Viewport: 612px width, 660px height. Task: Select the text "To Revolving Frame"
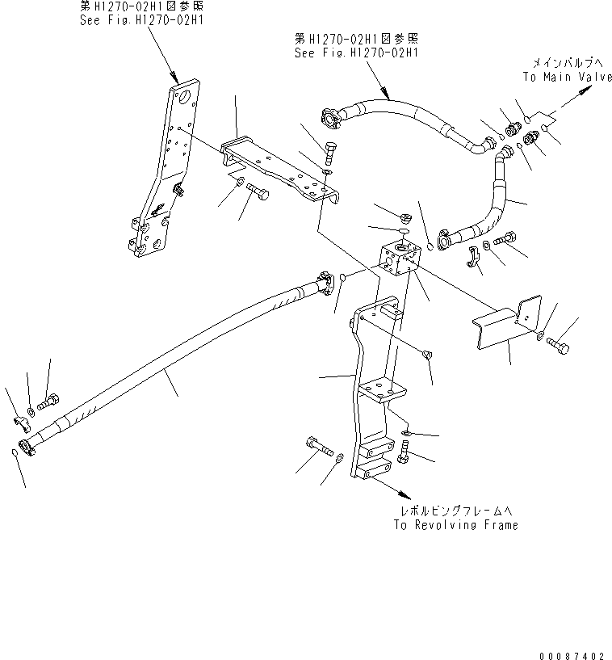[x=456, y=525]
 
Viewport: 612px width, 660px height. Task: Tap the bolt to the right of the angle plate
[x=559, y=345]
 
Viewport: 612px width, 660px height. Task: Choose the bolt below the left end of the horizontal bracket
[x=258, y=191]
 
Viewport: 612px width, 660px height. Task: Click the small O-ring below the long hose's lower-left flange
[x=17, y=454]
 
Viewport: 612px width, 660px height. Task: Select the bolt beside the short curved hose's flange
[x=505, y=239]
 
